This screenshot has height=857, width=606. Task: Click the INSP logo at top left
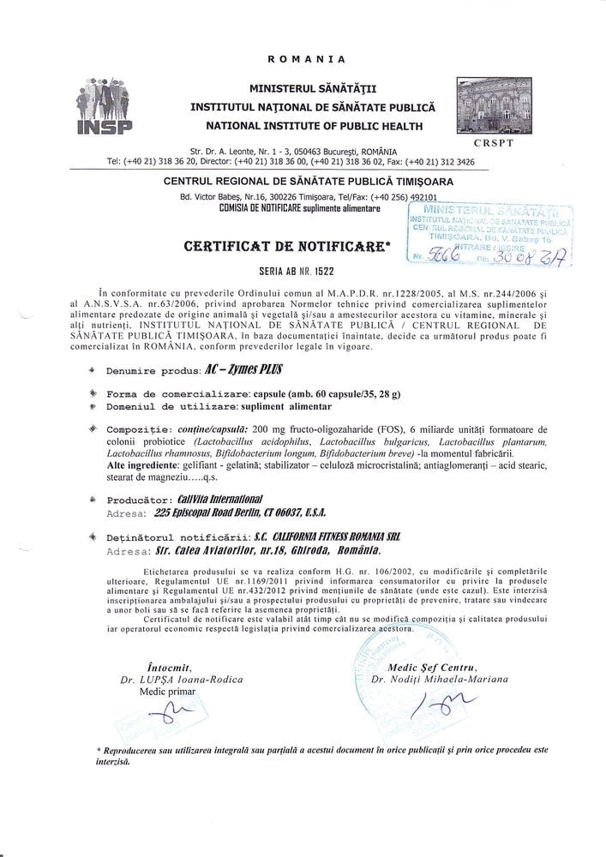[x=105, y=106]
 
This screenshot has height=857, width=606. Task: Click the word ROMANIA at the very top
[x=306, y=59]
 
